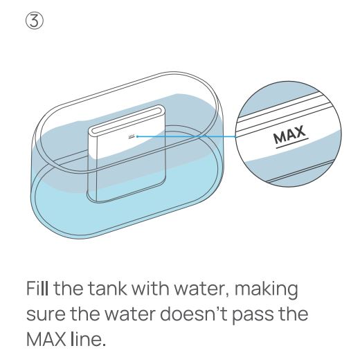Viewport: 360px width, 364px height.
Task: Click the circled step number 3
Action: click(34, 21)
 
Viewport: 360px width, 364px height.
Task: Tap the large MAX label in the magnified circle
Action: click(289, 134)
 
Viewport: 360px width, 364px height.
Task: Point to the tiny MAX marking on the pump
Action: click(132, 136)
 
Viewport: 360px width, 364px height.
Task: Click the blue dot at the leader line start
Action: click(137, 136)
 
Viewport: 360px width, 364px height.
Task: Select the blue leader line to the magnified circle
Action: click(186, 137)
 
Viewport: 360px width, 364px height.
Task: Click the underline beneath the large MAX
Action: click(292, 143)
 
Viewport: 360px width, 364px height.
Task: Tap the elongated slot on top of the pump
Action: click(127, 120)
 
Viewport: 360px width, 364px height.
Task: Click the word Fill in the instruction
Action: click(37, 288)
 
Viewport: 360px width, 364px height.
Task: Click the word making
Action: click(267, 290)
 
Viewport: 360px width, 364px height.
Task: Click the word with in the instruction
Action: click(150, 288)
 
